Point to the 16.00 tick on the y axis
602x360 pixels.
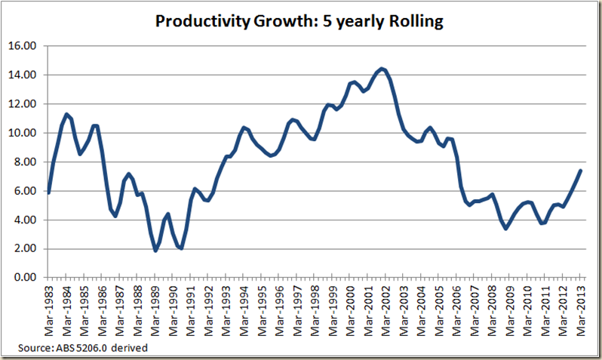26,46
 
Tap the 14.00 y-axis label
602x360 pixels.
26,75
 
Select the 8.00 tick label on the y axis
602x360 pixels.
27,162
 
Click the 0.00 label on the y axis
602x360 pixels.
27,278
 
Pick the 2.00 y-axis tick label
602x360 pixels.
27,249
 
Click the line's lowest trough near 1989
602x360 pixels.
155,251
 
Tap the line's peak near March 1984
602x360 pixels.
66,114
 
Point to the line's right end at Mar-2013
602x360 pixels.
579,171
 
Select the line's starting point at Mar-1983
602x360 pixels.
48,193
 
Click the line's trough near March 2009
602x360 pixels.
507,228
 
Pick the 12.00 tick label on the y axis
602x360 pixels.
26,104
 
